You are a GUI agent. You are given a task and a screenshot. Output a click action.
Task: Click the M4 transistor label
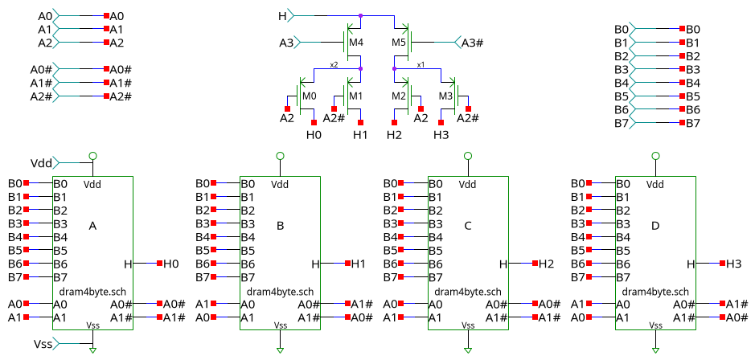point(356,42)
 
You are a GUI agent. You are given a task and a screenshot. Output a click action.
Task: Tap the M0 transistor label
point(309,96)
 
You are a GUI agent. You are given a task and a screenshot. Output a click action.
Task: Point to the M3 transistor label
point(446,96)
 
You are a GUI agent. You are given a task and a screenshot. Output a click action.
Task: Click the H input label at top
point(282,15)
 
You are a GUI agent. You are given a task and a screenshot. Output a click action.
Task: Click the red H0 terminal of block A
point(160,264)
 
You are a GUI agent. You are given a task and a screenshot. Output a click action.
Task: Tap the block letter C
point(467,227)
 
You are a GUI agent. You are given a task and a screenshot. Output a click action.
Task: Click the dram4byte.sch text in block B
point(280,292)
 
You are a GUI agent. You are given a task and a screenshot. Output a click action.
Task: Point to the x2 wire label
point(333,64)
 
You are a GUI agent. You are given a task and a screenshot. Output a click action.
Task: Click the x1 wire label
point(421,64)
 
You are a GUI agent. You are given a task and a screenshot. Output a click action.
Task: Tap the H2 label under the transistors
point(393,135)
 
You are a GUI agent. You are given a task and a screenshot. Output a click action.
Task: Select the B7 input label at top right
point(620,123)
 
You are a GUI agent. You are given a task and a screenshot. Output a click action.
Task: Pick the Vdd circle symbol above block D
point(655,156)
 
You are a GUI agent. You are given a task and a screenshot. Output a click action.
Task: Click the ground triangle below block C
point(468,351)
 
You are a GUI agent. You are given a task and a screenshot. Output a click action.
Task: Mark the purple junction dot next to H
point(360,15)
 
